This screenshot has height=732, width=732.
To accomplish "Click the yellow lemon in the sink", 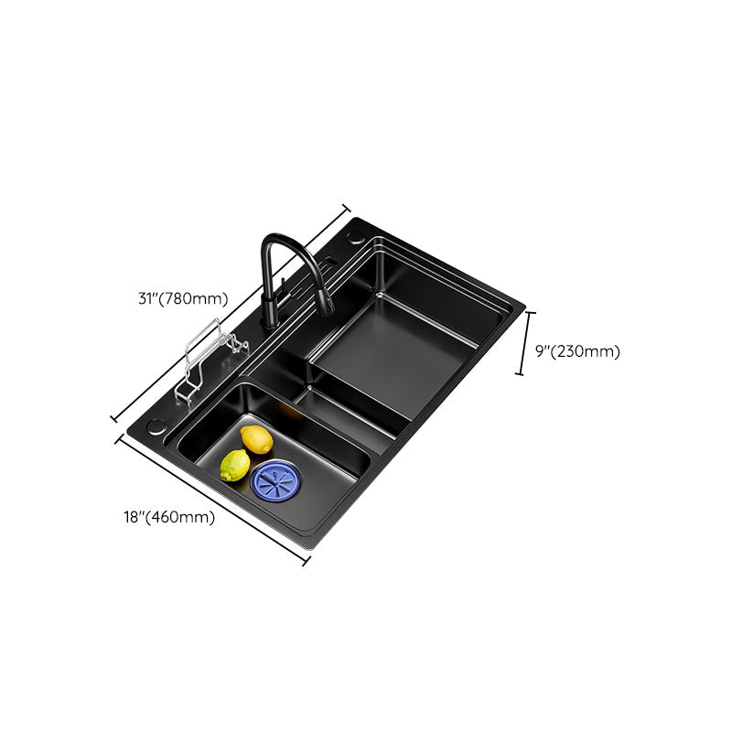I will click(x=257, y=439).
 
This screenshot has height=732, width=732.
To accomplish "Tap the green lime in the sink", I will click(x=235, y=467).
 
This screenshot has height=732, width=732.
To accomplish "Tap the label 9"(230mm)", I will click(x=577, y=350).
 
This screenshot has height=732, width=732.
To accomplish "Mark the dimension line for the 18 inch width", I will click(x=211, y=499).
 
